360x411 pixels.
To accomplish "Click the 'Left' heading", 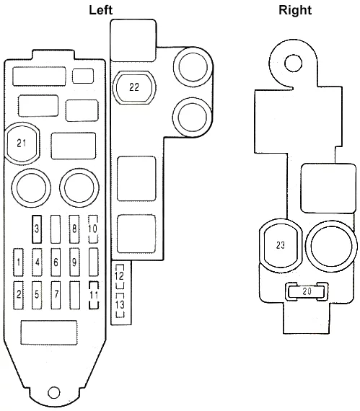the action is click(x=101, y=10).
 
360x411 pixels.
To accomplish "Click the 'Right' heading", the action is click(x=295, y=10).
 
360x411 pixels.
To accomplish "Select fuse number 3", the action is click(x=37, y=229).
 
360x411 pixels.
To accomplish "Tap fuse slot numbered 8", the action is click(x=74, y=229).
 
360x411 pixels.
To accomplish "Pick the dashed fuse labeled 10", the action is click(x=93, y=229).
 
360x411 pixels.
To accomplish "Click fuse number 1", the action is click(x=18, y=262).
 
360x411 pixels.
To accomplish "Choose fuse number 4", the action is click(x=37, y=262).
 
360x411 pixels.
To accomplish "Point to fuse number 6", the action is click(x=56, y=262).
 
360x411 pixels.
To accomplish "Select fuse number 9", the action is click(x=74, y=262).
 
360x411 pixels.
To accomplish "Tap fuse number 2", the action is click(x=18, y=295).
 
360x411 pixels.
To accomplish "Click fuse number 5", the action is click(x=37, y=295).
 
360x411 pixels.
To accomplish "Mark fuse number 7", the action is click(x=56, y=295).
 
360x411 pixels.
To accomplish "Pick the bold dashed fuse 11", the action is click(x=94, y=295).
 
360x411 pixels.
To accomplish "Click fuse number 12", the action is click(x=120, y=276).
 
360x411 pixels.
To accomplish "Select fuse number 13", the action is click(x=120, y=305).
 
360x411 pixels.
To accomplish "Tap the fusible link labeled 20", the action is click(x=307, y=291).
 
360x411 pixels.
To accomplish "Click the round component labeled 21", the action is click(x=22, y=143).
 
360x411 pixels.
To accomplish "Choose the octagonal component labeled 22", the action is click(x=134, y=87).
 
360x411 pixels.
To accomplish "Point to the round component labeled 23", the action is click(x=281, y=245).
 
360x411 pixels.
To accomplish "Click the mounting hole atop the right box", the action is click(x=294, y=63).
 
